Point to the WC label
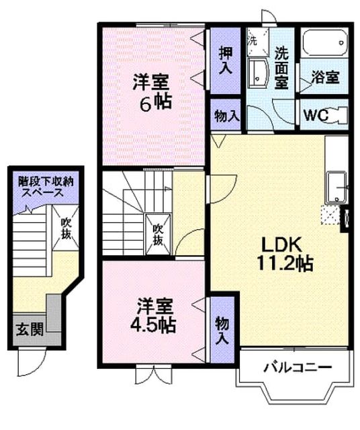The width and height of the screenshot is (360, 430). (x=316, y=115)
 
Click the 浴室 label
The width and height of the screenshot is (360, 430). (x=326, y=77)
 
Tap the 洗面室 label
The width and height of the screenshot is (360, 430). (x=281, y=67)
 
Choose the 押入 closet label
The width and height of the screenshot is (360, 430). (x=226, y=60)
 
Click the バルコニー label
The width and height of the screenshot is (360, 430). (x=298, y=367)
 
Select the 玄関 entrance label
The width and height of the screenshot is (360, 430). (x=30, y=329)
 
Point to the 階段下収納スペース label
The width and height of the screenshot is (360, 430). (x=46, y=187)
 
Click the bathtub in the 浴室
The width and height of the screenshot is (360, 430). (x=324, y=43)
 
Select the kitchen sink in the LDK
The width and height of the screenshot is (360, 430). (x=336, y=187)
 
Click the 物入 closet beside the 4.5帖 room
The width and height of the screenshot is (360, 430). (x=222, y=330)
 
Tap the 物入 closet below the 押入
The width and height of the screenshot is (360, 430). (x=226, y=115)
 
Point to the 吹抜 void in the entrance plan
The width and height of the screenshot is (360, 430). (x=65, y=228)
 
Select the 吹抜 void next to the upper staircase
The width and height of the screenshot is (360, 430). (x=159, y=234)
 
